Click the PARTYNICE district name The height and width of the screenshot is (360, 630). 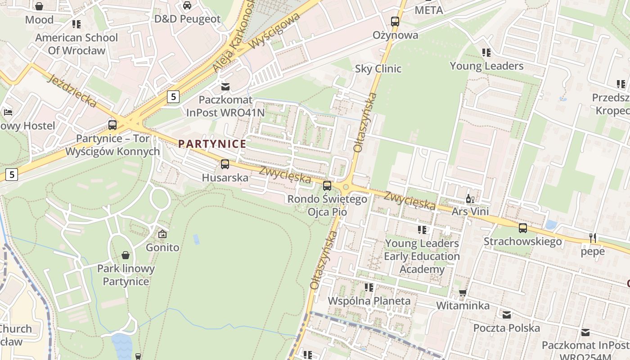tap(212, 144)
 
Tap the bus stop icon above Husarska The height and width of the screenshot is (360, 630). tap(225, 164)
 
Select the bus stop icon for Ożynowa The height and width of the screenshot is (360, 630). tap(395, 21)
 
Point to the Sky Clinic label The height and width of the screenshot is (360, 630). tap(378, 69)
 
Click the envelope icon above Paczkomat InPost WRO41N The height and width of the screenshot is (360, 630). tap(225, 86)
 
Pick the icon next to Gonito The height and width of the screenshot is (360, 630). tap(162, 234)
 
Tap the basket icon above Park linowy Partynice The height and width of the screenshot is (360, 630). tap(126, 255)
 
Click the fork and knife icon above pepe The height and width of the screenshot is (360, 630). tap(593, 238)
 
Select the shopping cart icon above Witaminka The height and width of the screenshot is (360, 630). tap(463, 293)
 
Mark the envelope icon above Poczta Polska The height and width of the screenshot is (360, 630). tap(507, 315)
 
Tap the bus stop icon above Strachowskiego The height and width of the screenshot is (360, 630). tap(522, 228)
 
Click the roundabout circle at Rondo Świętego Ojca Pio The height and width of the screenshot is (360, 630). tap(346, 187)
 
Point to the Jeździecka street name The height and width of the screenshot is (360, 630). tap(72, 91)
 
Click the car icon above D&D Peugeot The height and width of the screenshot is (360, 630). tap(187, 5)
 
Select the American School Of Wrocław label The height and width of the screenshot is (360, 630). tap(76, 44)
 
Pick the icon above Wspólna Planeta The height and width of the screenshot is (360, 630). tap(369, 287)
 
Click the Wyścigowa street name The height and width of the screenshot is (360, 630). tap(274, 31)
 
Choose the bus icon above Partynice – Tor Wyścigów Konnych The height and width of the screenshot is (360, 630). tap(112, 125)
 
